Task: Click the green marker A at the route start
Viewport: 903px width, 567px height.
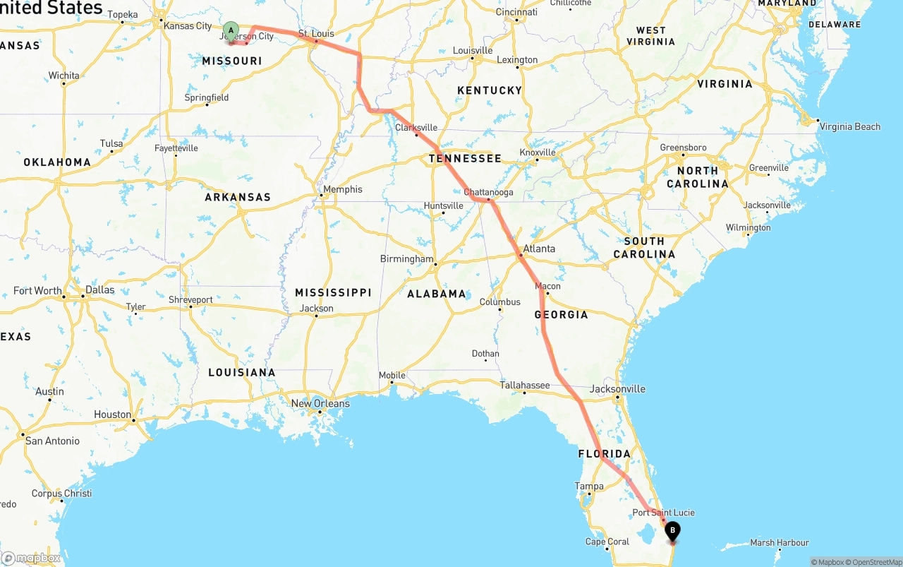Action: point(231,30)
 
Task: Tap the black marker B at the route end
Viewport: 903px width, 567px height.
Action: point(672,530)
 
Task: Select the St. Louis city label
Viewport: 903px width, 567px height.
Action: point(315,33)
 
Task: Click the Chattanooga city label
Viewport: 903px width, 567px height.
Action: point(488,192)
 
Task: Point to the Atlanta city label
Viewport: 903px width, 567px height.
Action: point(539,249)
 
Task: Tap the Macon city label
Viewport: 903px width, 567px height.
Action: point(547,286)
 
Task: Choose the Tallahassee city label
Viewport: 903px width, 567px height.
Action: point(524,385)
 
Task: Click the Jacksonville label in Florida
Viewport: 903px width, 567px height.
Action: point(617,389)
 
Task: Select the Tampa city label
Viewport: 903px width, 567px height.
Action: point(589,486)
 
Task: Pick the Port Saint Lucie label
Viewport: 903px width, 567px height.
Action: point(663,513)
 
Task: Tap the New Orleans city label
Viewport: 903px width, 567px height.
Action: point(320,403)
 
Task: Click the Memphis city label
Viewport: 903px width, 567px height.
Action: point(342,189)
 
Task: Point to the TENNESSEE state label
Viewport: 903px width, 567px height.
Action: point(465,159)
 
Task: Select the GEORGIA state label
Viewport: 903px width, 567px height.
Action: point(561,314)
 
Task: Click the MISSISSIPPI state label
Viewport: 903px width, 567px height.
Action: point(333,292)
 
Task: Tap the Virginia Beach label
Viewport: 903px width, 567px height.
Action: point(849,127)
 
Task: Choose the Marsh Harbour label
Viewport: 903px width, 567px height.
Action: point(779,543)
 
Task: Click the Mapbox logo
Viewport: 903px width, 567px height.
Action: point(31,558)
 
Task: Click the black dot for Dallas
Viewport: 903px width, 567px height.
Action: point(83,297)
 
